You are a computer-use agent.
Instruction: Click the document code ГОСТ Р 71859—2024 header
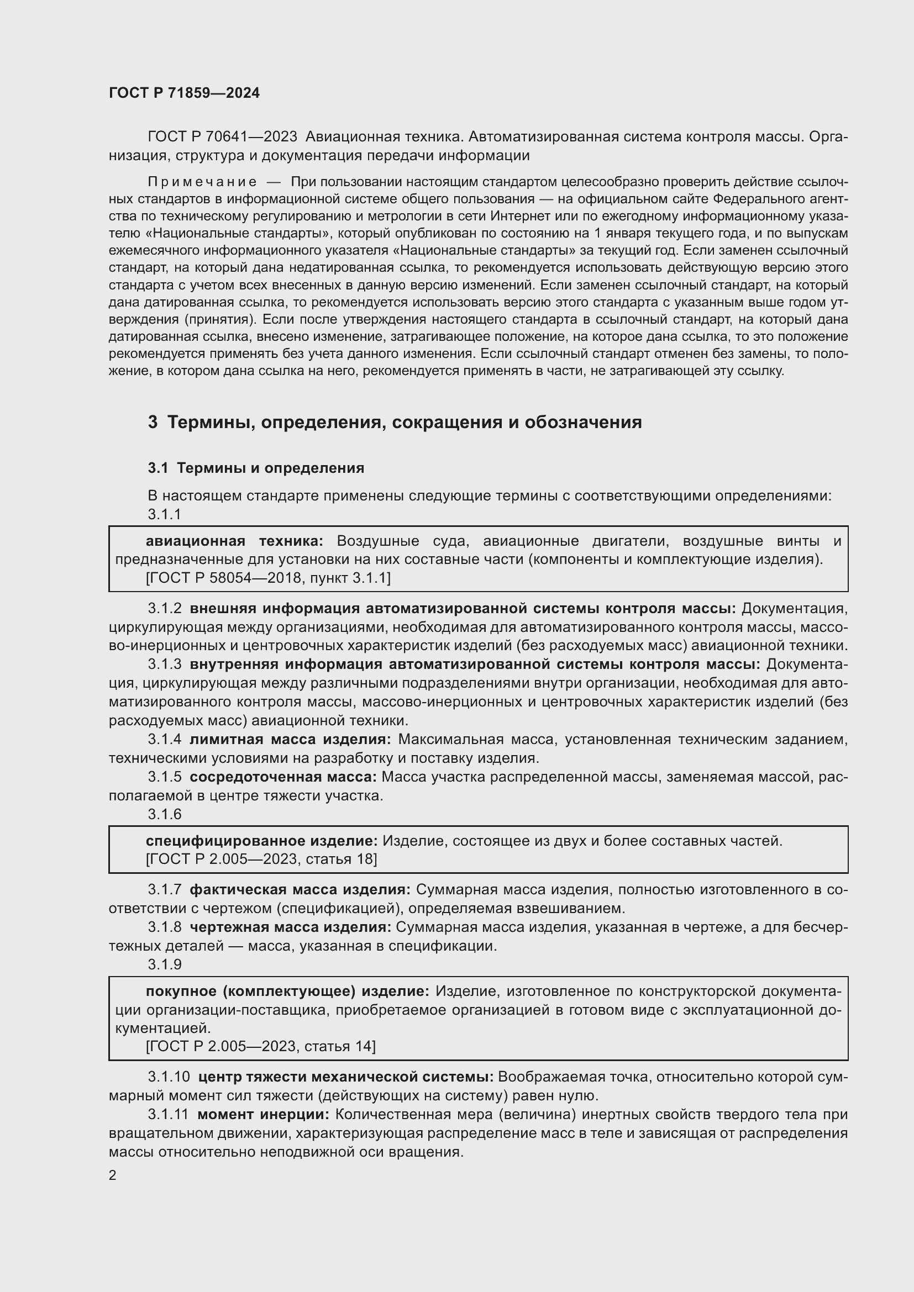point(184,93)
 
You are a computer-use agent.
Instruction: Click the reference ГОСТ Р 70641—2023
point(222,137)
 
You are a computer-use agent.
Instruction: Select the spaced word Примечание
point(202,182)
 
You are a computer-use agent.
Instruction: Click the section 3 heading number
point(153,422)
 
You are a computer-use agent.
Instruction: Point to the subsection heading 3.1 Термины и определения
point(256,468)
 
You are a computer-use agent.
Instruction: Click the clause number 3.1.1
point(164,514)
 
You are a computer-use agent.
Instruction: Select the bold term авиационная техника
point(234,541)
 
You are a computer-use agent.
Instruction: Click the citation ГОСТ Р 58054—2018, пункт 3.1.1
point(268,578)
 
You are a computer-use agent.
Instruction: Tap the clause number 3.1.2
point(164,608)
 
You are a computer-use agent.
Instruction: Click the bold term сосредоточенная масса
point(283,777)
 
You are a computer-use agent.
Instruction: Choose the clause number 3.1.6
point(164,814)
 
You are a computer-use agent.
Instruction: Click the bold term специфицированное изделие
point(262,841)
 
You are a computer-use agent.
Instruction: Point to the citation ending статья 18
point(261,859)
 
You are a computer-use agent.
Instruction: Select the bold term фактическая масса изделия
point(301,889)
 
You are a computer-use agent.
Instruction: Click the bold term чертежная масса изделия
point(291,927)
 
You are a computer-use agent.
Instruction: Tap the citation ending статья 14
point(261,1046)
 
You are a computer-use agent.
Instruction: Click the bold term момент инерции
point(264,1114)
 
